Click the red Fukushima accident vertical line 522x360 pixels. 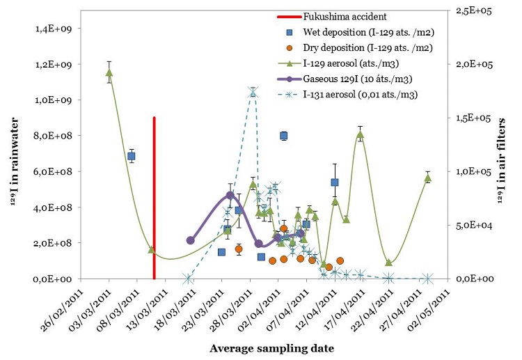point(154,198)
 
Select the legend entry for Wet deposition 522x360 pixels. point(361,32)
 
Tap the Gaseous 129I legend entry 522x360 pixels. point(345,79)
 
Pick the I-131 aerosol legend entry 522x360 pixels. point(347,95)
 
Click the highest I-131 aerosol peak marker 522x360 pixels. point(253,92)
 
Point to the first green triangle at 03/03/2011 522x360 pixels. point(109,72)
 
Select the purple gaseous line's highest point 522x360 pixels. point(230,195)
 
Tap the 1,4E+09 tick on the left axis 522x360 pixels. point(54,29)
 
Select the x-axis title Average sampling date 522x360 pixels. point(271,348)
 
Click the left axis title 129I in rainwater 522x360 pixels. point(15,162)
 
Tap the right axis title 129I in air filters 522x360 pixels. point(501,161)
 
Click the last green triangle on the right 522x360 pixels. point(428,178)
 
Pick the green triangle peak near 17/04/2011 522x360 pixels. point(360,134)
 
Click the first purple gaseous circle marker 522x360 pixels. point(191,240)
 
